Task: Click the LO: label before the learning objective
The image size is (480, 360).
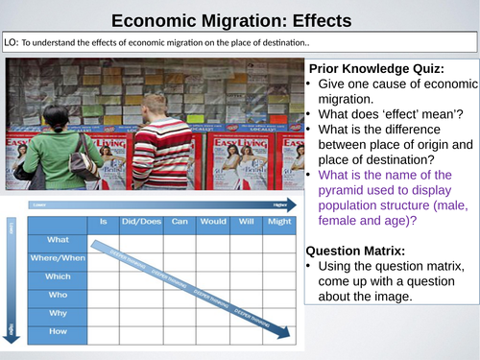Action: click(x=12, y=44)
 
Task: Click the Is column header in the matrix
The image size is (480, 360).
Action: click(x=102, y=221)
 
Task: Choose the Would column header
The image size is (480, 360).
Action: click(x=211, y=221)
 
